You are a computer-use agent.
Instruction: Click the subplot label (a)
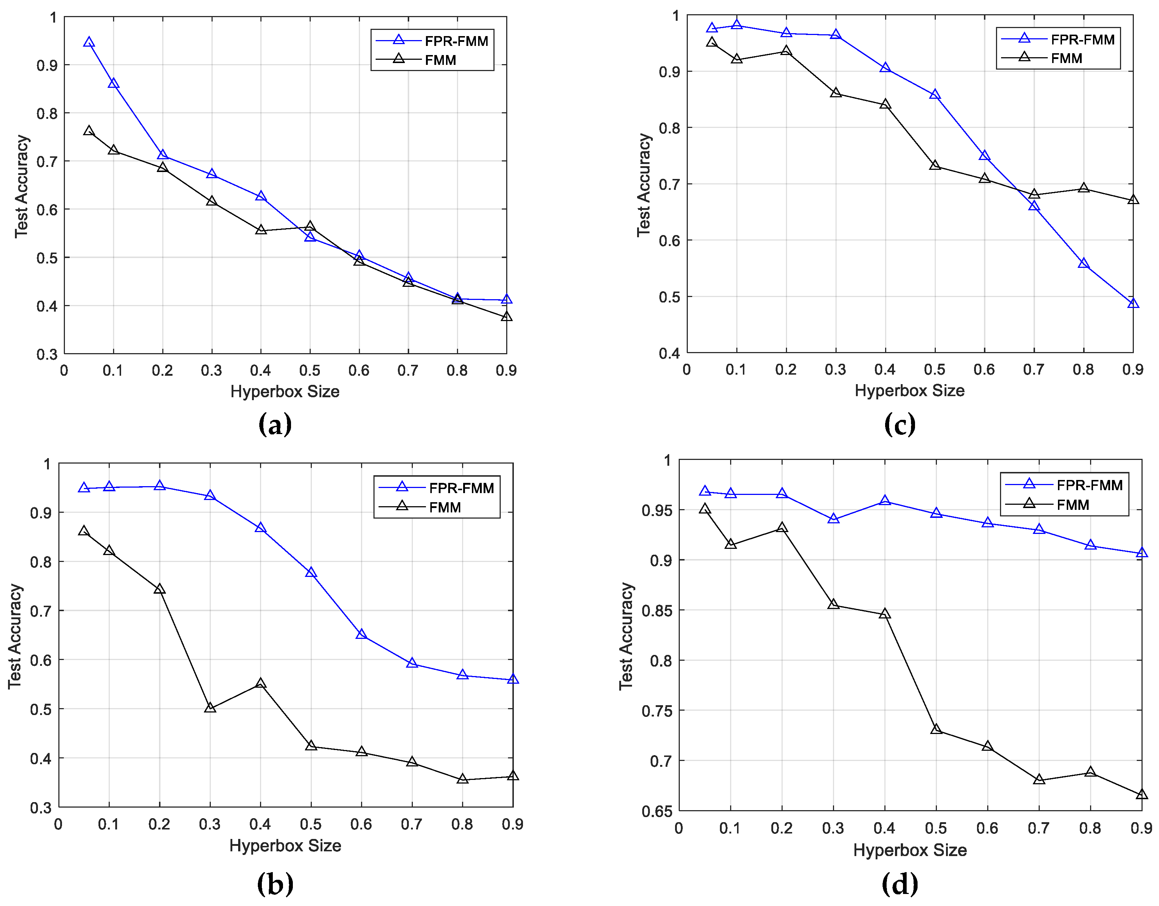275,424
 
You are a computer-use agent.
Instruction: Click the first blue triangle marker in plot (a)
89,42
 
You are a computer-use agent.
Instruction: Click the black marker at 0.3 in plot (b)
210,708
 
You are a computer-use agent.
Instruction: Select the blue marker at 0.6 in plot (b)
361,634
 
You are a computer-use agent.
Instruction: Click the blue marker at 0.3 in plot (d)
833,519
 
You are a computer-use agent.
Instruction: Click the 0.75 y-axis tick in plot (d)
656,711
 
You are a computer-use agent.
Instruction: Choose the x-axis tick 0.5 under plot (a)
310,370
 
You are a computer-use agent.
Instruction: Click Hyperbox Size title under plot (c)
909,390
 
